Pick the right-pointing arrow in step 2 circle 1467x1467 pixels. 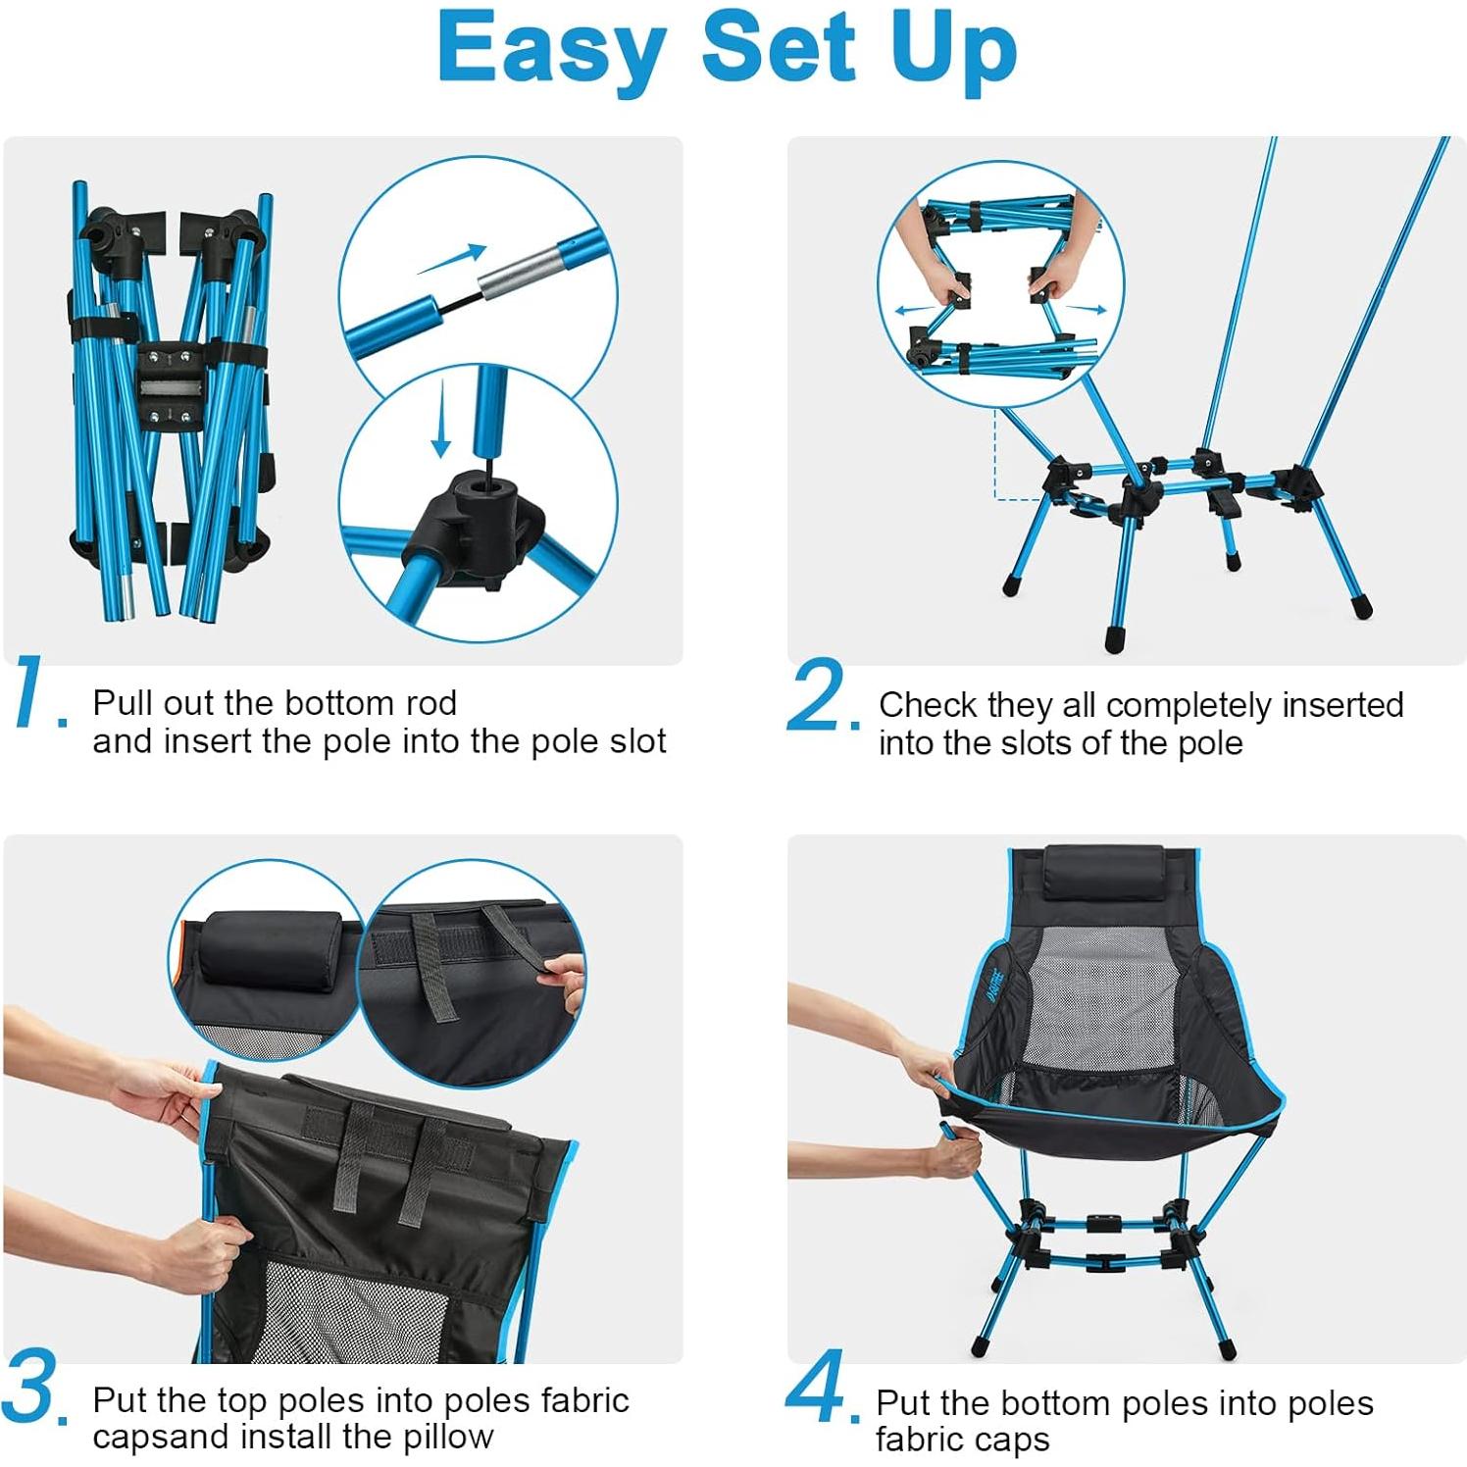(1086, 309)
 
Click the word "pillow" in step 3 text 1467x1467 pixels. (448, 1437)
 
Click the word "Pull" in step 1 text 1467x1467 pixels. (123, 703)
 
